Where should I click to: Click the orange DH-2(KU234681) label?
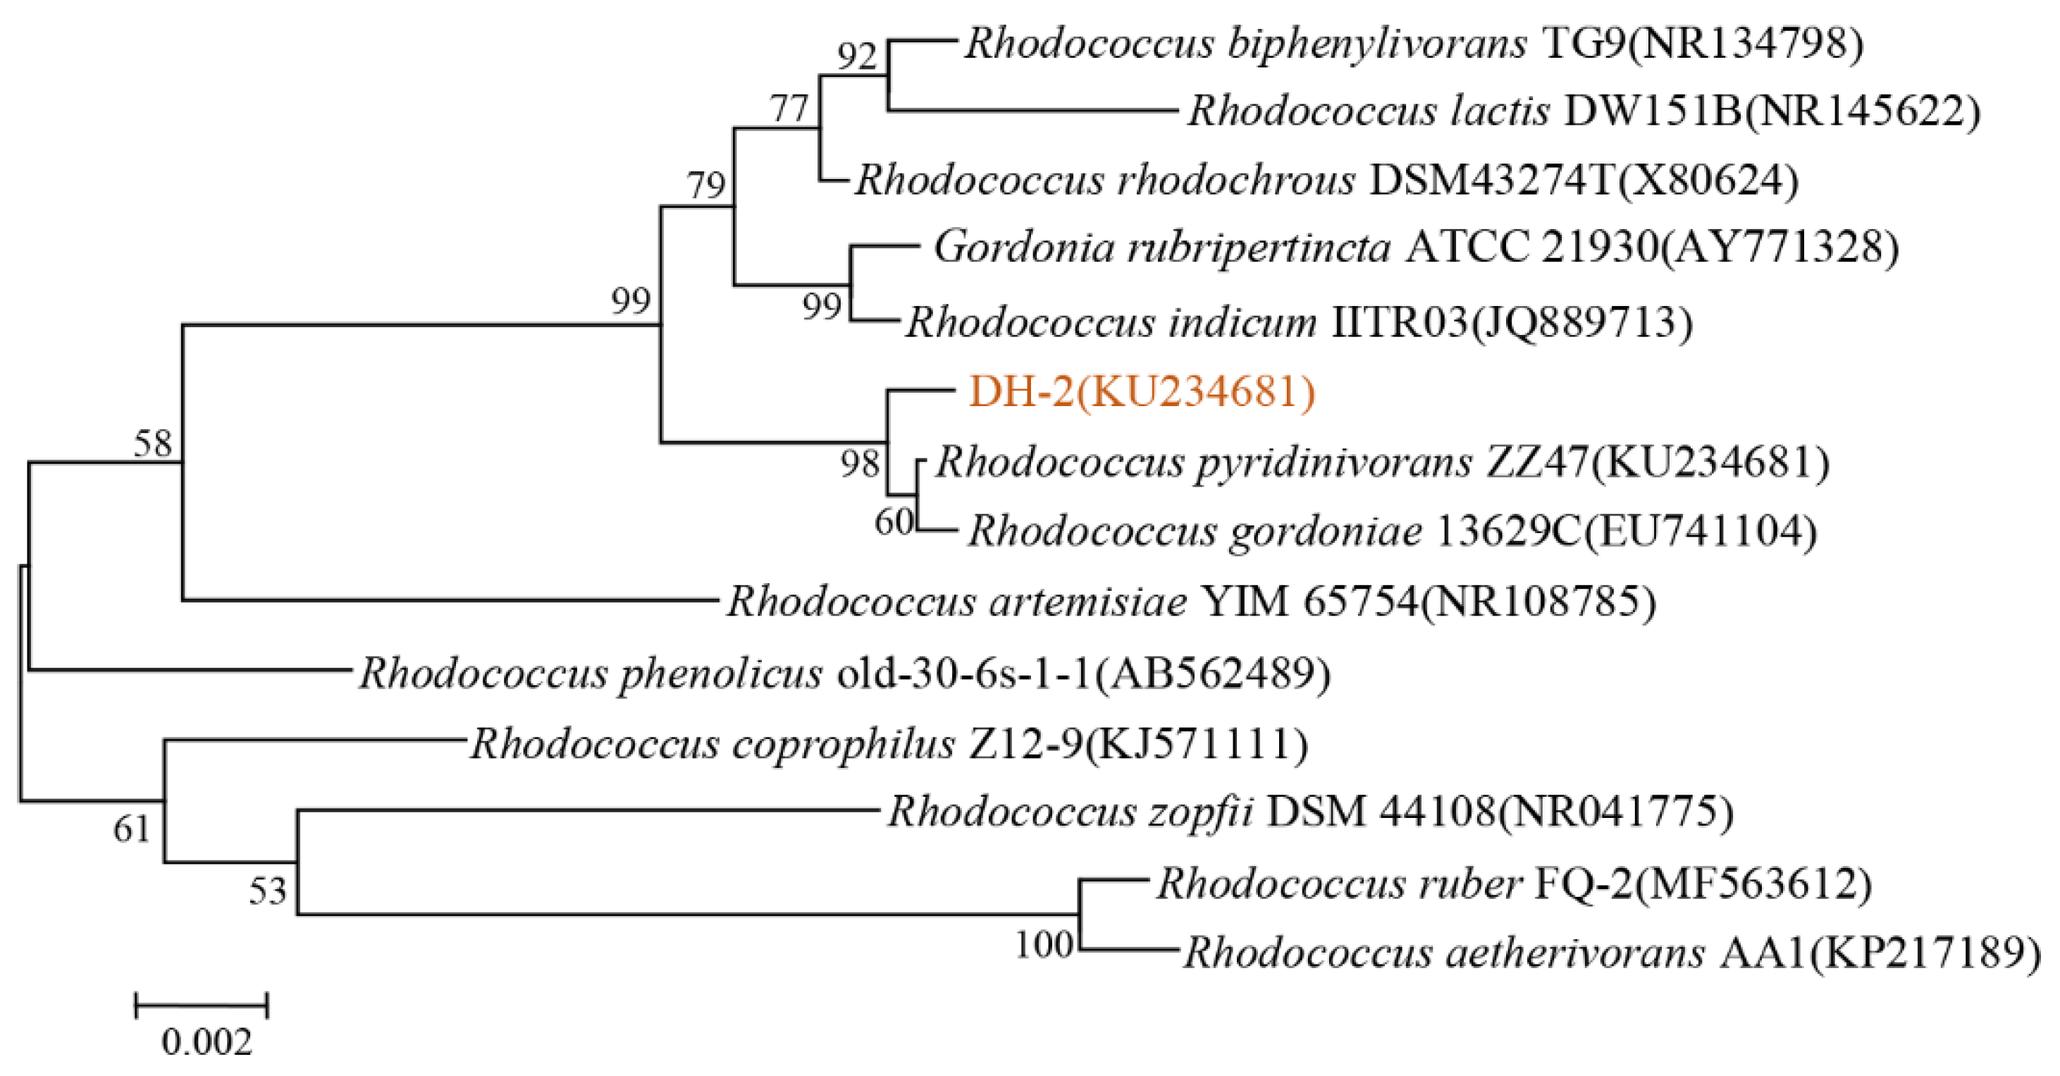click(1142, 392)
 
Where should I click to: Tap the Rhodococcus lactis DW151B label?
click(1584, 111)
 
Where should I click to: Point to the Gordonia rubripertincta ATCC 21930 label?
click(1415, 247)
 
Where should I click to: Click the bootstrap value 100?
click(1044, 945)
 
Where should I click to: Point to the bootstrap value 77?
click(790, 109)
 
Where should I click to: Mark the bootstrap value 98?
click(860, 464)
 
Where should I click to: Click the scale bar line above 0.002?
click(202, 1005)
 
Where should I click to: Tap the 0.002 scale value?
click(207, 1041)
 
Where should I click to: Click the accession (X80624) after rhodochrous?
click(1708, 179)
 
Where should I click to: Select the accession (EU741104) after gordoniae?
click(1698, 530)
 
